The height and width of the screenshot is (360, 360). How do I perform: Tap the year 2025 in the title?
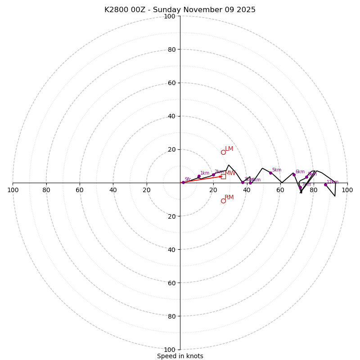[x=246, y=10]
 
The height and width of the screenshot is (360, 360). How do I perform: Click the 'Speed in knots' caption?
[x=180, y=356]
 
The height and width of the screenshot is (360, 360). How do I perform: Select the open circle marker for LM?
[x=223, y=152]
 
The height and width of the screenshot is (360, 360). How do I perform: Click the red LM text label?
[x=229, y=149]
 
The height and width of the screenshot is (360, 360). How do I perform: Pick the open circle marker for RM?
[x=223, y=201]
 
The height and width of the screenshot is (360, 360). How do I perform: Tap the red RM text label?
[x=229, y=198]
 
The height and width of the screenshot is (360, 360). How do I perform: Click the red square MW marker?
[x=223, y=176]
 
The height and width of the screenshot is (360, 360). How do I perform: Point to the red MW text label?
[x=230, y=173]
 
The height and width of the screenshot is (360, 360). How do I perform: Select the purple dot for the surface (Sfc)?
[x=183, y=182]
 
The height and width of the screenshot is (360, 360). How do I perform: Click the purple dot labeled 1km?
[x=199, y=176]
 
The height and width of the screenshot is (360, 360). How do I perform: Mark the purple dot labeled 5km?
[x=270, y=173]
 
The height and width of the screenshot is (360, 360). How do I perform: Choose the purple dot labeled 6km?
[x=294, y=175]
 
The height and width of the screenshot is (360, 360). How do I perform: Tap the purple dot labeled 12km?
[x=325, y=184]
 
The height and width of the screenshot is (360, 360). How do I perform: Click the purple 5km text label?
[x=276, y=170]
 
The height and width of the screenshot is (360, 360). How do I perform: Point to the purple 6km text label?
[x=300, y=172]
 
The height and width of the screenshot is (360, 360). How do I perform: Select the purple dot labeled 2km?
[x=213, y=175]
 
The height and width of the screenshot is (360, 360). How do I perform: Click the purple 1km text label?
[x=205, y=173]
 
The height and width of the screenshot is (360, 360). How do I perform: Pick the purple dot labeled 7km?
[x=300, y=188]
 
